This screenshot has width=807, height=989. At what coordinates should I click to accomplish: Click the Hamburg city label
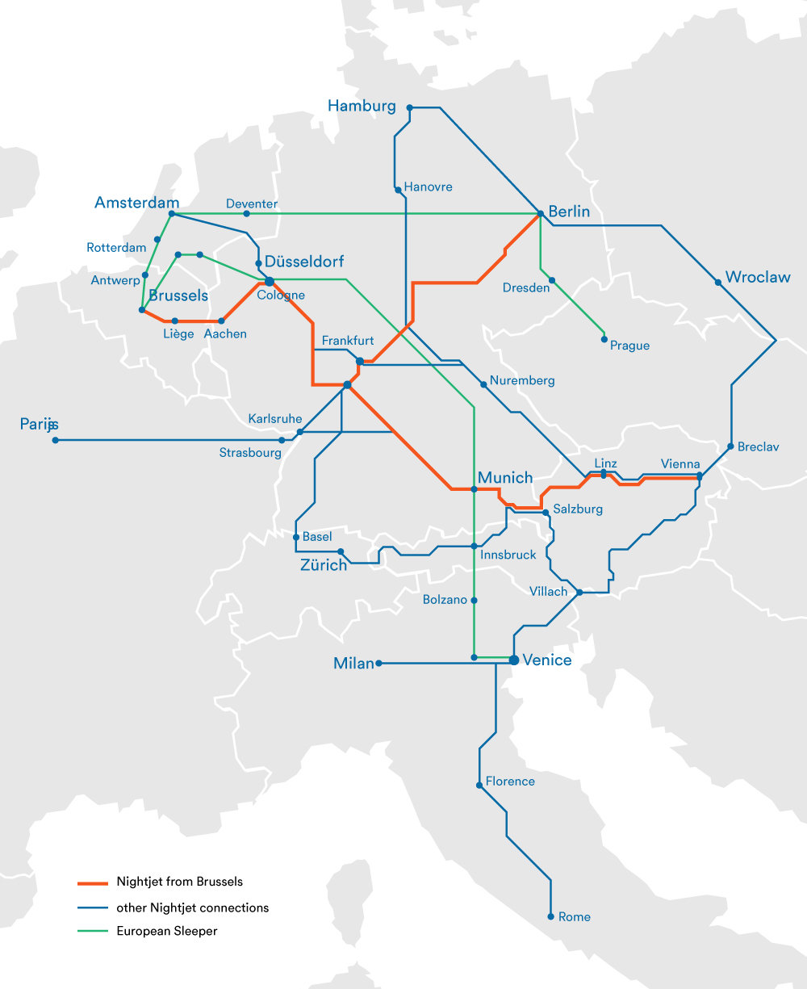362,106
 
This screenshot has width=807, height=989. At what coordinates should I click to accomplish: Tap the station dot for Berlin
540,214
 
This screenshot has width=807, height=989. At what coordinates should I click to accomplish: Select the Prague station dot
604,339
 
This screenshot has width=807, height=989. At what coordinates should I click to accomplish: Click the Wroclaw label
757,278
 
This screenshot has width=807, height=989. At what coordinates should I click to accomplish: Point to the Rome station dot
550,916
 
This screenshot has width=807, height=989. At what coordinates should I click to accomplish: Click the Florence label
510,782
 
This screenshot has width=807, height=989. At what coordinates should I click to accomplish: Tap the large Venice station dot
514,660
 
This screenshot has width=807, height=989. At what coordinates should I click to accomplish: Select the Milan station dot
378,664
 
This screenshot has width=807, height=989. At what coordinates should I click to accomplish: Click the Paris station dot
55,440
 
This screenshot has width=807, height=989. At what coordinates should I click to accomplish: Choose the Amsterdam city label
136,203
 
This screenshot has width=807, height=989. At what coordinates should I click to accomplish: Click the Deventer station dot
246,214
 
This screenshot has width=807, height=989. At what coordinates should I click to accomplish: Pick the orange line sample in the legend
92,882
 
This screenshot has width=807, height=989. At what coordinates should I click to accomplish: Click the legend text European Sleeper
167,931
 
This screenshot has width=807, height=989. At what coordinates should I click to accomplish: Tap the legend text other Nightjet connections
192,907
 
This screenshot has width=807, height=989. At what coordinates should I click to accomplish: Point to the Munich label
505,478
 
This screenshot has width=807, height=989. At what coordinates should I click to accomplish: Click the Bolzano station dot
474,600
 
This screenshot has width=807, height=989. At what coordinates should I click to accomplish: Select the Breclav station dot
730,446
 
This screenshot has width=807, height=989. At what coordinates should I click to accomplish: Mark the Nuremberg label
522,380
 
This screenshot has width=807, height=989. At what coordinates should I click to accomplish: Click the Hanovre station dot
398,190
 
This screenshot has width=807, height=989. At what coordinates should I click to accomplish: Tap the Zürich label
324,565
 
